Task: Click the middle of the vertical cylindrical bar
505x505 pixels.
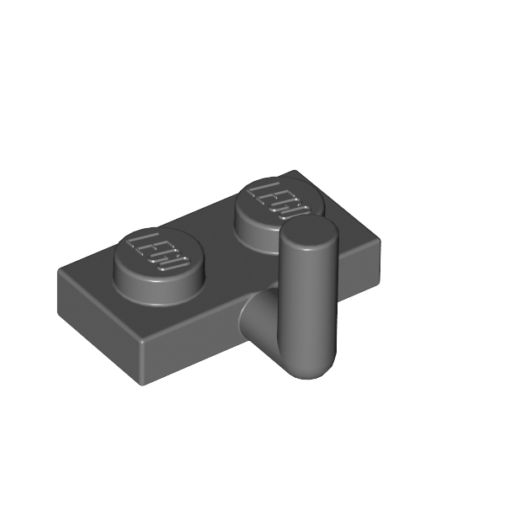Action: (308, 303)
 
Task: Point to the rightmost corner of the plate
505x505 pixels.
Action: (380, 245)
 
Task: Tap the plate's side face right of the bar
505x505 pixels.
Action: (358, 274)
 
